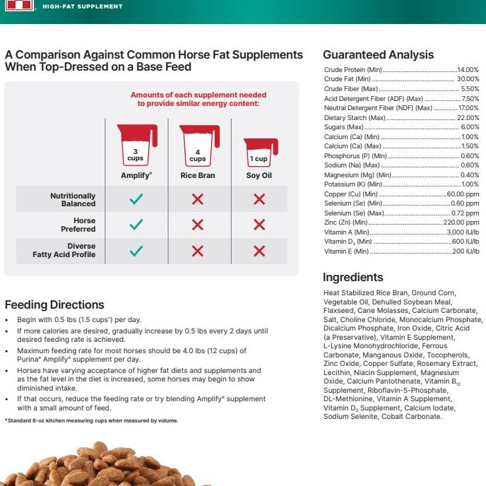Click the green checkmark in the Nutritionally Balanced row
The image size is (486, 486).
click(x=136, y=200)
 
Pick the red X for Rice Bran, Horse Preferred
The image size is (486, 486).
click(x=198, y=225)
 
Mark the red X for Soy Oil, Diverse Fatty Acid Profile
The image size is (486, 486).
click(x=259, y=251)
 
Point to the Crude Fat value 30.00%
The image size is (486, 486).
click(x=468, y=80)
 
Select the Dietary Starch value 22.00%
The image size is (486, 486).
click(x=468, y=118)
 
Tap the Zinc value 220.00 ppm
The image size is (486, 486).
click(x=461, y=223)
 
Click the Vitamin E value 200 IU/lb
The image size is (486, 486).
click(x=466, y=251)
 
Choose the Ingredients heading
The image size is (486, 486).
click(x=352, y=278)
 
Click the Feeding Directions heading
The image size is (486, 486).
click(x=54, y=305)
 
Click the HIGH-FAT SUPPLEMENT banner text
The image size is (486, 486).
click(x=82, y=6)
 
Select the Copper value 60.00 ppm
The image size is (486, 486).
click(x=463, y=194)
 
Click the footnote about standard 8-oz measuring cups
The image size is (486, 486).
click(x=92, y=421)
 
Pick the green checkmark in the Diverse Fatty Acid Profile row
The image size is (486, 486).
click(x=136, y=251)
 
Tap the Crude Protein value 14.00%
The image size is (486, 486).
click(x=468, y=71)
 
